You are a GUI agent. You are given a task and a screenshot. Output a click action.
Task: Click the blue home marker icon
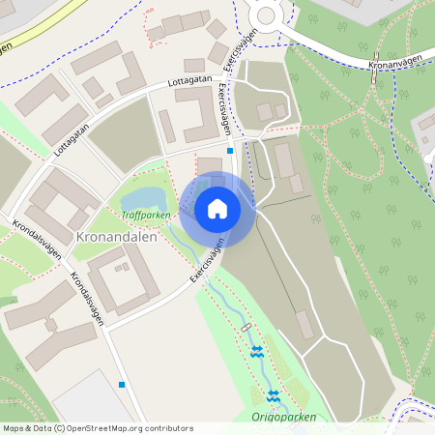(x=217, y=208)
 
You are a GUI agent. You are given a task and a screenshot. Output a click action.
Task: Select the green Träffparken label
(x=146, y=215)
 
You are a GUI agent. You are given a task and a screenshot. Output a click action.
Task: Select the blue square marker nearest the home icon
(x=230, y=151)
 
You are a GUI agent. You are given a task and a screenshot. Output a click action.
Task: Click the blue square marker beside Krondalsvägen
(x=122, y=385)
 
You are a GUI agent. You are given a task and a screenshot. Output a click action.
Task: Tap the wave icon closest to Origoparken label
(x=273, y=394)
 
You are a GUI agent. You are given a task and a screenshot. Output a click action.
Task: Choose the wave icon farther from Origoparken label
(x=257, y=353)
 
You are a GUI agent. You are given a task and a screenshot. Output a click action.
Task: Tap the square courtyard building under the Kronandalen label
(x=123, y=280)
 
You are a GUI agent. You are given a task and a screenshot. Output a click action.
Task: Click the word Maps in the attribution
(x=14, y=428)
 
